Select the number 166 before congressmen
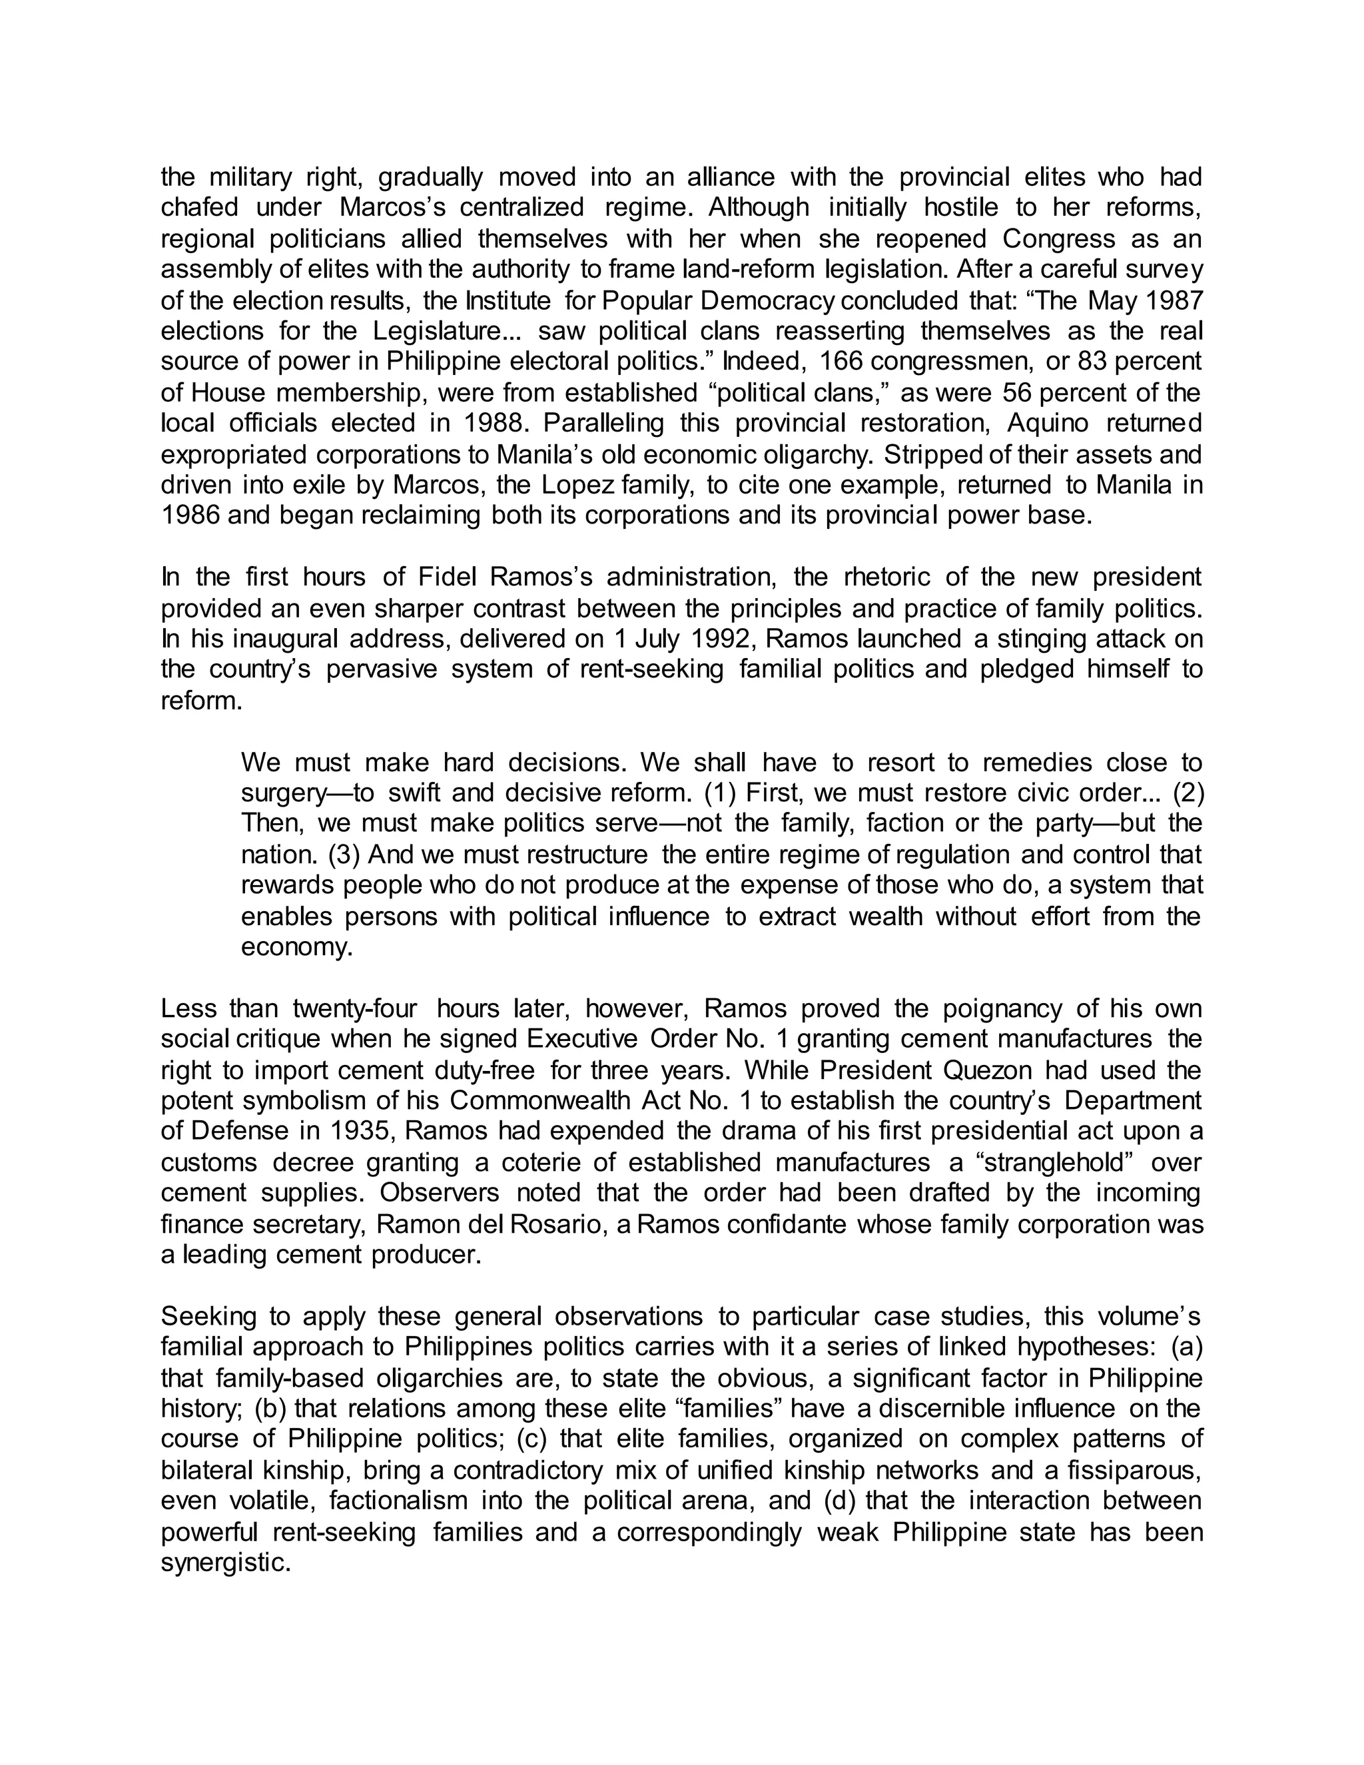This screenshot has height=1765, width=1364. coord(844,361)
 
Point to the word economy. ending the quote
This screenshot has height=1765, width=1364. coord(296,947)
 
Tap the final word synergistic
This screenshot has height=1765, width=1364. coord(226,1562)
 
